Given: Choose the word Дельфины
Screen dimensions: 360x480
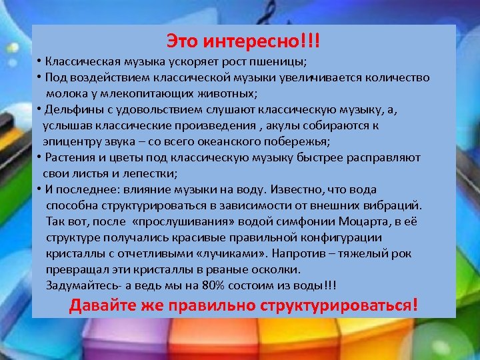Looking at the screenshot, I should click(72, 109).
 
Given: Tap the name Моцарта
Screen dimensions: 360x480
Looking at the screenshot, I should click(361, 221).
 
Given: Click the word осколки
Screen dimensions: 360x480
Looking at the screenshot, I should click(274, 269).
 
